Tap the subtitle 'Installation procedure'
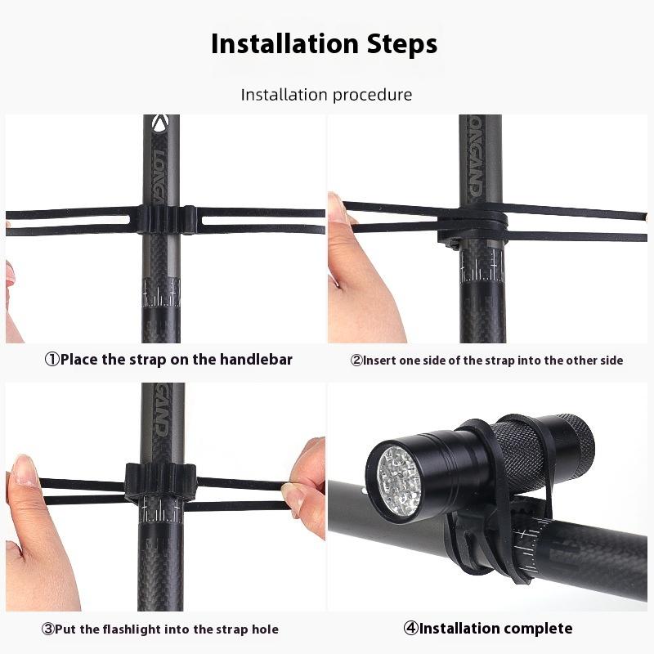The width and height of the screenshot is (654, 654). (x=326, y=95)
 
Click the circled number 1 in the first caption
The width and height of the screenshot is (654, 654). (x=52, y=360)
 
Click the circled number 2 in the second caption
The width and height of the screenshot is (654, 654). (x=356, y=361)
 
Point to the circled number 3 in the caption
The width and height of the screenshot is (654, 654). (x=48, y=629)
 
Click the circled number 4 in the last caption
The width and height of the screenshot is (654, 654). (x=411, y=629)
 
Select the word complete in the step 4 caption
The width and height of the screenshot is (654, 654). (x=538, y=629)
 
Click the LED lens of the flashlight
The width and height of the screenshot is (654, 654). (x=398, y=482)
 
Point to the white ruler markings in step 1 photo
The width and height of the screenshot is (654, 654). (x=162, y=292)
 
